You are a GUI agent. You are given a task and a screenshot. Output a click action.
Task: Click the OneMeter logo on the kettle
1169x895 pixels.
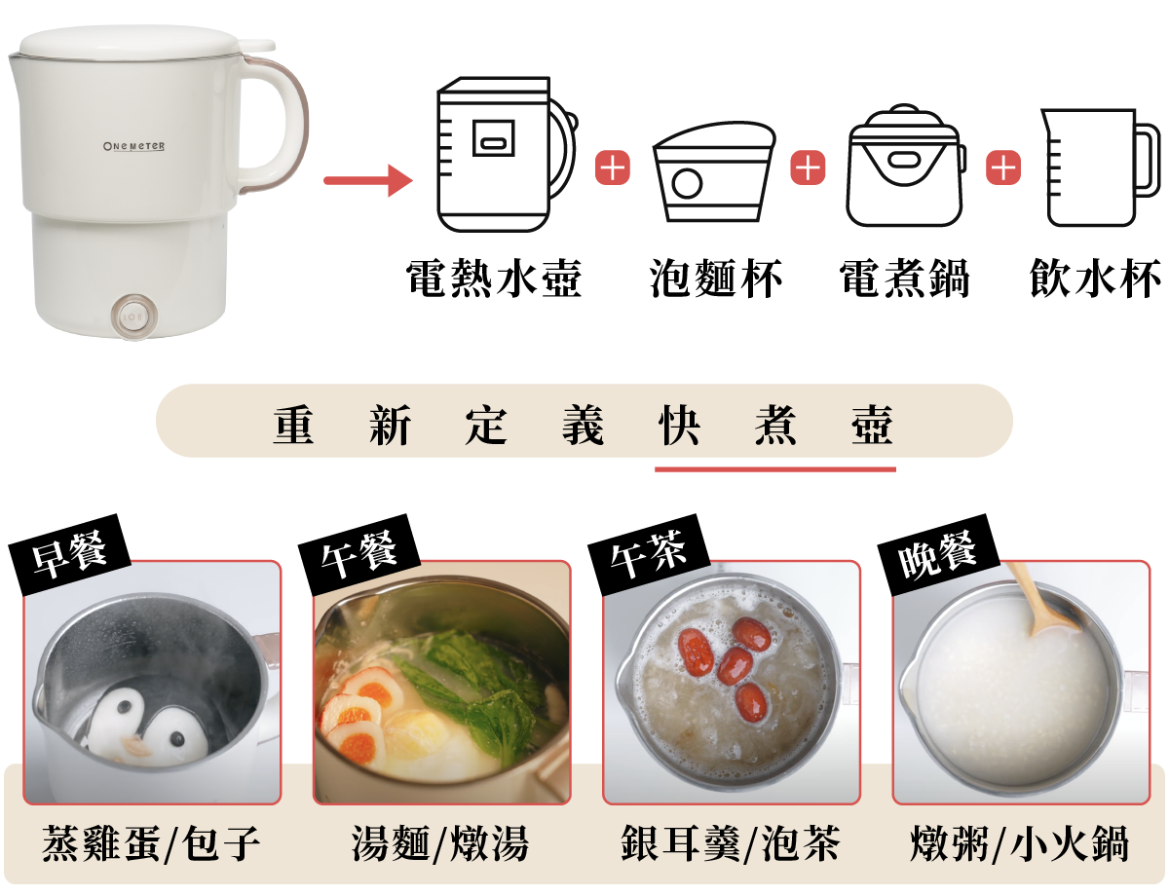(134, 146)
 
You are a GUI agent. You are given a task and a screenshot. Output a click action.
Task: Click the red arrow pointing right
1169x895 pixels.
(368, 180)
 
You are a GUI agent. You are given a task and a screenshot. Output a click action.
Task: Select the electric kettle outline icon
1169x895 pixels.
(507, 155)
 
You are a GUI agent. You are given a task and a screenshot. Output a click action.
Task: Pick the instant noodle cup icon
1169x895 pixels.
(714, 171)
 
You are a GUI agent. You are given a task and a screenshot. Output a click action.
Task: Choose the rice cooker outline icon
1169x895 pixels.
(906, 165)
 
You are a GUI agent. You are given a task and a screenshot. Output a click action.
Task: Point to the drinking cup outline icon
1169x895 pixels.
(1100, 168)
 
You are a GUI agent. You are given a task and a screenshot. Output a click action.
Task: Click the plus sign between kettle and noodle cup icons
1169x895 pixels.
(612, 168)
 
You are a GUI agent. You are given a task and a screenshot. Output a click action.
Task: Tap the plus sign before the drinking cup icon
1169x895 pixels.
(1002, 168)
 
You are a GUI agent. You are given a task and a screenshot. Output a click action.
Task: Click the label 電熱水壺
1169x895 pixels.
(494, 278)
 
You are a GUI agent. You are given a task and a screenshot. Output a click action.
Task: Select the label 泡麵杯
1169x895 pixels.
(715, 278)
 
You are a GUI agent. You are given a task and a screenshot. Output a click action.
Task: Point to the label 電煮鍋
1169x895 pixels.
(905, 278)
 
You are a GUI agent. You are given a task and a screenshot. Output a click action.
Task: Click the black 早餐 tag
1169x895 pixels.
(69, 554)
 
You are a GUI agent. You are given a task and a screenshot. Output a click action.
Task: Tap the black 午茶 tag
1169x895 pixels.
(649, 554)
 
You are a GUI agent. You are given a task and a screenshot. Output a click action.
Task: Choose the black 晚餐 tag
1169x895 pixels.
(938, 554)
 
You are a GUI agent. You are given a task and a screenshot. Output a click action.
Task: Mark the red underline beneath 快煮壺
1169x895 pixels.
(775, 469)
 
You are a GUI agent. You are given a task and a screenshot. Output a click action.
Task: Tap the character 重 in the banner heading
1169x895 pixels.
(293, 425)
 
